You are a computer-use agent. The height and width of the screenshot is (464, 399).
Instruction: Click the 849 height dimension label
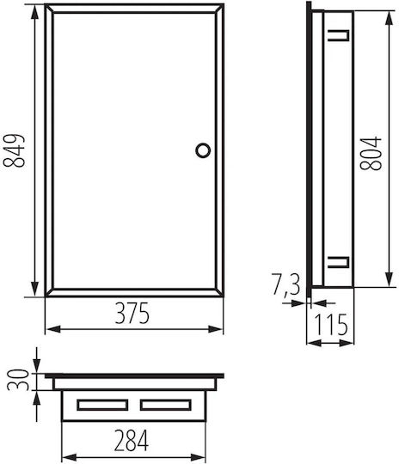(x=14, y=151)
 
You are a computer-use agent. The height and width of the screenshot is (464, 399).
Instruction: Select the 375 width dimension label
(x=132, y=314)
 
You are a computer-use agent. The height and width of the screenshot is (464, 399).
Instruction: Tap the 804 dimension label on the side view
(x=371, y=153)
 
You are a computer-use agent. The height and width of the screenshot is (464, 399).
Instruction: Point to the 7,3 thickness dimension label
(x=285, y=285)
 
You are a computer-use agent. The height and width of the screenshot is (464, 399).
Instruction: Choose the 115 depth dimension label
(x=331, y=324)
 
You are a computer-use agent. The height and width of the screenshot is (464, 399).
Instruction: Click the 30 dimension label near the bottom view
(x=18, y=380)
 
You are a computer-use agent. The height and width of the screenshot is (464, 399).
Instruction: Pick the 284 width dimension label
(x=132, y=440)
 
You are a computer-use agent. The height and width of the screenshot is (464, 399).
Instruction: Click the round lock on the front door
(x=203, y=150)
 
